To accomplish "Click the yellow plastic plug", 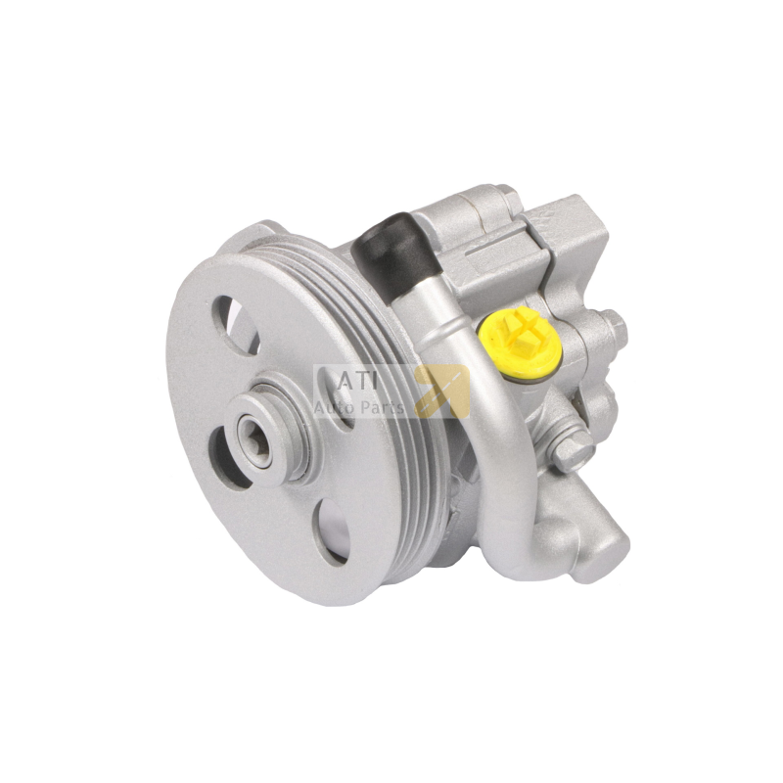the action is click(520, 341).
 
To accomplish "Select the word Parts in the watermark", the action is click(386, 408).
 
